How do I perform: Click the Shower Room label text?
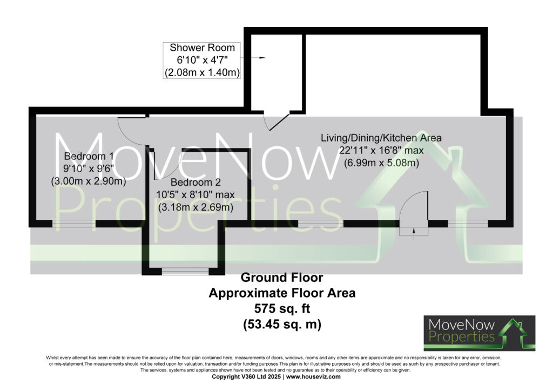click(x=203, y=48)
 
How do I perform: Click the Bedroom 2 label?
click(x=195, y=183)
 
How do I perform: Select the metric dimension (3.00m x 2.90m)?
click(x=88, y=181)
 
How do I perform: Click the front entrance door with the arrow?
click(x=414, y=216)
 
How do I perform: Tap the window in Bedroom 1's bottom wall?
click(x=73, y=224)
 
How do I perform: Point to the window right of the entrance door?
click(x=467, y=224)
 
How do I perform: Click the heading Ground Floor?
click(x=281, y=278)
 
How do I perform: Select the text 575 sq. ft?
click(x=281, y=309)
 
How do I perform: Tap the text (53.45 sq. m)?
click(x=281, y=325)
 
